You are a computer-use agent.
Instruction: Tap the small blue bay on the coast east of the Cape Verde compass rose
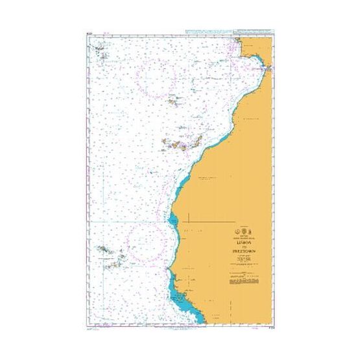(x=173, y=224)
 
